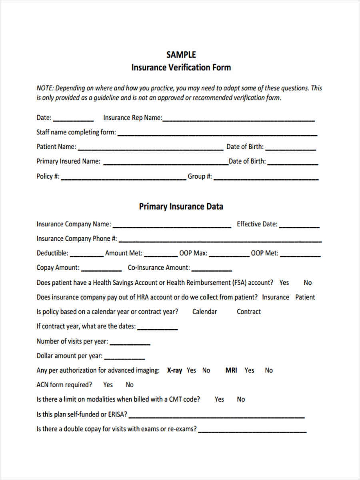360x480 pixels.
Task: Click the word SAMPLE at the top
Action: (x=181, y=55)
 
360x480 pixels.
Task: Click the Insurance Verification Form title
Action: (x=181, y=68)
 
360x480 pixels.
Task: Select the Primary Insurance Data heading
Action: (x=181, y=207)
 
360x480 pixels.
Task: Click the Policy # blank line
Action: (x=123, y=177)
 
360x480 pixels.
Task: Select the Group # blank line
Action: (x=266, y=177)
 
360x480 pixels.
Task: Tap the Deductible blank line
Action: (x=86, y=254)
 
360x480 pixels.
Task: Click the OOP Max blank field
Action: (x=229, y=254)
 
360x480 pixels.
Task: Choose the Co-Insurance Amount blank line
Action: (x=212, y=268)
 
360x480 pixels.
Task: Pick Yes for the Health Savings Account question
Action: (x=284, y=283)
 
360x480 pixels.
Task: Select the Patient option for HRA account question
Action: (x=305, y=297)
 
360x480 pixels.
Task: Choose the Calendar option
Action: (x=204, y=312)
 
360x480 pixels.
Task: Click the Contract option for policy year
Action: (x=248, y=312)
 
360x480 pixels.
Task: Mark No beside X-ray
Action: (x=206, y=370)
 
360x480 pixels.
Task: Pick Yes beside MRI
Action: (x=249, y=370)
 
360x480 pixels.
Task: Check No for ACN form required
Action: (x=130, y=385)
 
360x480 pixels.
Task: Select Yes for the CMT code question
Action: (x=219, y=399)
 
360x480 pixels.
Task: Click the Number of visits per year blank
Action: (x=130, y=342)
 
